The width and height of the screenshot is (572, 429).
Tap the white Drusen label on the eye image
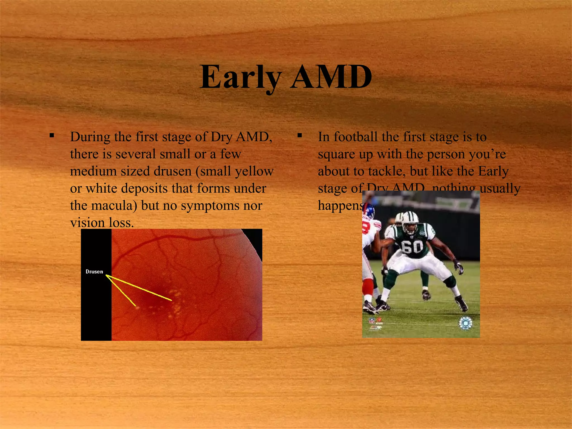point(94,271)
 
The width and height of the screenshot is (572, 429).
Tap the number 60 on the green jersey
point(412,247)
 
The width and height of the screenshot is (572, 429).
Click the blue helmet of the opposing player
point(369,211)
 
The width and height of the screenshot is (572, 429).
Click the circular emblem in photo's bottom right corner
point(465,323)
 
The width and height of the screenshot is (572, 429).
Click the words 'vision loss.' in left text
point(102,223)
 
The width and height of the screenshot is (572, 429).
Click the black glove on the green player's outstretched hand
point(459,267)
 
